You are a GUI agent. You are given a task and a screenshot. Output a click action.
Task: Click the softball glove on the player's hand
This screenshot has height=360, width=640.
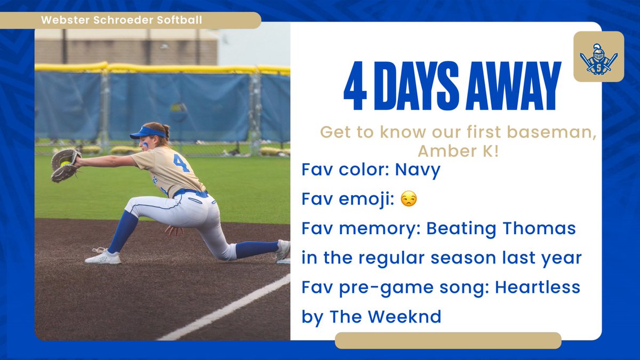[x=65, y=164]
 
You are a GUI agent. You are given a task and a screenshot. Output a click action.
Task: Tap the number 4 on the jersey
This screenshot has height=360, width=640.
[x=181, y=163]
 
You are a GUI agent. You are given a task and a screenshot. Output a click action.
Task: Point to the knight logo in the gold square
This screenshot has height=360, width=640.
[x=598, y=57]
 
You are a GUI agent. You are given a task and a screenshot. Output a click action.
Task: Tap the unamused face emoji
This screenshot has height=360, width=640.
[x=410, y=199]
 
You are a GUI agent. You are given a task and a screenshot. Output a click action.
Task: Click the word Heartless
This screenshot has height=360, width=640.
[x=538, y=287]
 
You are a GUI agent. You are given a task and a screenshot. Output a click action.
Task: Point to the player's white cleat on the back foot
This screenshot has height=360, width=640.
[x=102, y=257]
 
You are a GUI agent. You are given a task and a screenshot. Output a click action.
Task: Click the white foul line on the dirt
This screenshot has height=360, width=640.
[x=224, y=309]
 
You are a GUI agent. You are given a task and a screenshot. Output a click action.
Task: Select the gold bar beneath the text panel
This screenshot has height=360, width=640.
[x=448, y=340]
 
